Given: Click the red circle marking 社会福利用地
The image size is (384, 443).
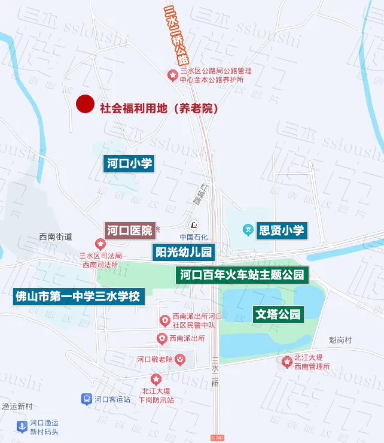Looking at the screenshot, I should pyautogui.click(x=86, y=104).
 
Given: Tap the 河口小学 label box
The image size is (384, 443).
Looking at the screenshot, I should pyautogui.click(x=130, y=163).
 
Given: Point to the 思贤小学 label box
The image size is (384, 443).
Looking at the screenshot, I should pyautogui.click(x=281, y=230).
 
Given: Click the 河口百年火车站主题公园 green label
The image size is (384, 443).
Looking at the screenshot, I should pyautogui.click(x=242, y=275).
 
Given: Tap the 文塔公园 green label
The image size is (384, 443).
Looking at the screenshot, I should pyautogui.click(x=278, y=314).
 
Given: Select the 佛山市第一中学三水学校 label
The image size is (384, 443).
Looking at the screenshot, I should pyautogui.click(x=78, y=296).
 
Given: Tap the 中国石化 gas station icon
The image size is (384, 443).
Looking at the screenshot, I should pyautogui.click(x=194, y=226).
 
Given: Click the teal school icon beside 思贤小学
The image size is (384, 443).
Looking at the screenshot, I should pyautogui.click(x=248, y=230).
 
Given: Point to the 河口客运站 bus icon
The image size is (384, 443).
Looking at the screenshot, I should pyautogui.click(x=86, y=399).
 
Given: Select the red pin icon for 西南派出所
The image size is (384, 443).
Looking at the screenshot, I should pyautogui.click(x=161, y=339).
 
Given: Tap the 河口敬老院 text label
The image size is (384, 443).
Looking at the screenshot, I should pyautogui.click(x=154, y=359).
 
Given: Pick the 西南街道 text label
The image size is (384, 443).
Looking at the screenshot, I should pyautogui.click(x=56, y=236).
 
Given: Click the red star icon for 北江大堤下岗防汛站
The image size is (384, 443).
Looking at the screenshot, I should pyautogui.click(x=156, y=378).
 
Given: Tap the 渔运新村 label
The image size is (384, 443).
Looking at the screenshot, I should pyautogui.click(x=17, y=406).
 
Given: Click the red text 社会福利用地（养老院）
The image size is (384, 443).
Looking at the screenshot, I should pyautogui.click(x=159, y=109).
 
